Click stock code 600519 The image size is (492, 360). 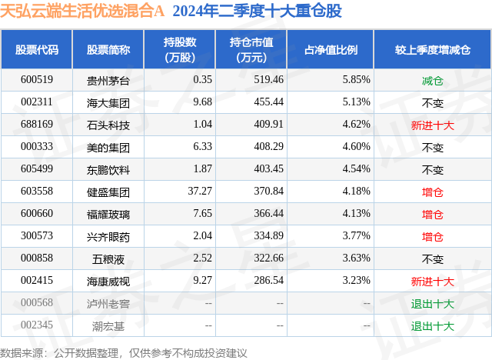tap(37, 79)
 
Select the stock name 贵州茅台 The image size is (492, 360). tap(108, 79)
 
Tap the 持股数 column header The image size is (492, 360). tap(180, 49)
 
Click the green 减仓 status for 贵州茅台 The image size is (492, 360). tap(433, 79)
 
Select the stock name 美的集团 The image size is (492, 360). tap(108, 146)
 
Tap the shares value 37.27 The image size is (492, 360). tap(199, 192)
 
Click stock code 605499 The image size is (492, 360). tap(37, 169)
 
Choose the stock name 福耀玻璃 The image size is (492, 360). tap(108, 214)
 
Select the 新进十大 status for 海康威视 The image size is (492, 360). tap(433, 282)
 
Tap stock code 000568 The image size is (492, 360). tap(37, 304)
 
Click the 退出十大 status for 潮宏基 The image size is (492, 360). tap(433, 326)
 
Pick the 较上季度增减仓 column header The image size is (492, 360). tap(433, 49)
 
